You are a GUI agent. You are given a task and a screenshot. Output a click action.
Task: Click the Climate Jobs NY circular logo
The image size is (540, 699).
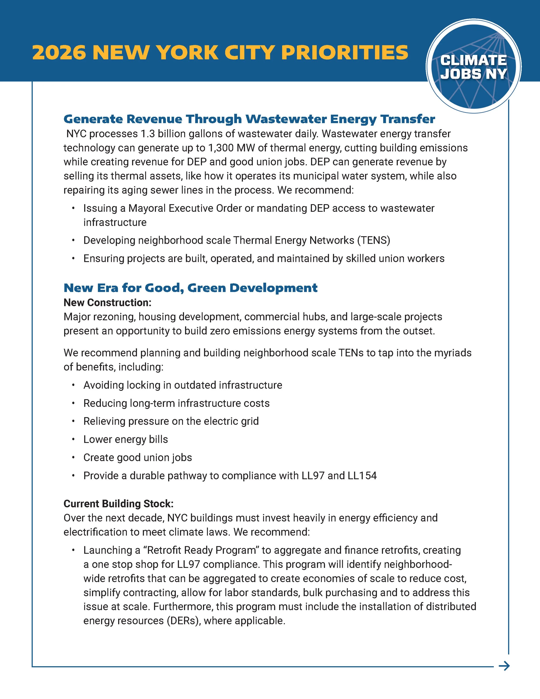473,66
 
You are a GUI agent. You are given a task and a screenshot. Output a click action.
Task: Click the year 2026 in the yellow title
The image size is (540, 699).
59,53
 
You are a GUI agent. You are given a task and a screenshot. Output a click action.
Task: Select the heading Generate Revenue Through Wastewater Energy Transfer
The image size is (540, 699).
249,119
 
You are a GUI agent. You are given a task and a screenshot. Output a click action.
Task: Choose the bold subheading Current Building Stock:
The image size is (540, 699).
118,504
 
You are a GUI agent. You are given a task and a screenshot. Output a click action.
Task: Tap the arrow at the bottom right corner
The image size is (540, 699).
504,666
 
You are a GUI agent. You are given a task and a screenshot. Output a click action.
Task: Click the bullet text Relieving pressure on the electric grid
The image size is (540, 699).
171,421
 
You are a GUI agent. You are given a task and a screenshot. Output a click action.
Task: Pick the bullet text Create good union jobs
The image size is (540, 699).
138,458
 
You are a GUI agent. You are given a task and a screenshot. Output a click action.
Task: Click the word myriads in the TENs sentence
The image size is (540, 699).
453,353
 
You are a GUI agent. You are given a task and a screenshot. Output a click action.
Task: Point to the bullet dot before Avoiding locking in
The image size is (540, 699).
73,385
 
